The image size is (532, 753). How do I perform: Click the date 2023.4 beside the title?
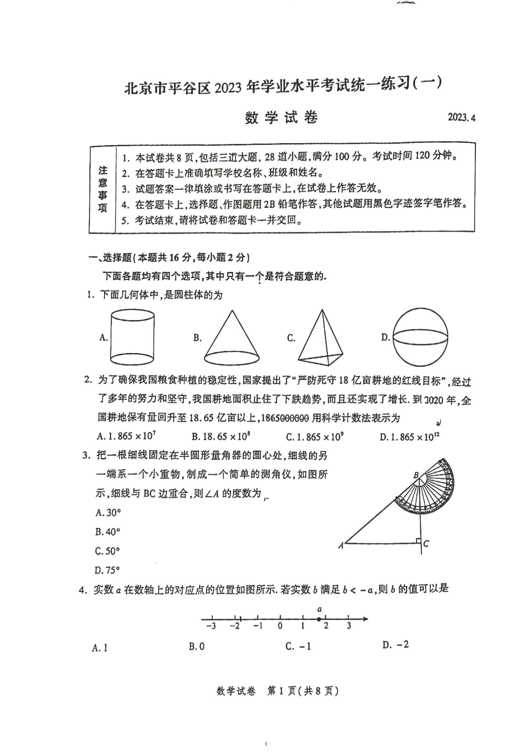click(x=462, y=117)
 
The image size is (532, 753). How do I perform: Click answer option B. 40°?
click(x=107, y=532)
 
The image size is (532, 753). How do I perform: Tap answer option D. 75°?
click(x=107, y=570)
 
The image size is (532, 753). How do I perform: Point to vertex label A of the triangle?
click(x=341, y=546)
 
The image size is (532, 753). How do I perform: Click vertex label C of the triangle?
click(x=426, y=544)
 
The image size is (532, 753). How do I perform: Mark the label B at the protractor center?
click(x=416, y=475)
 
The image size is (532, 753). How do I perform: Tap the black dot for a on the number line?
click(x=319, y=619)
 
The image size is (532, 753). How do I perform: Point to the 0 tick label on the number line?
click(x=280, y=626)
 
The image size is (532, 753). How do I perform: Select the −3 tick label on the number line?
click(x=211, y=626)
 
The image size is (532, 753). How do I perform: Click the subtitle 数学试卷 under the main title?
click(x=281, y=118)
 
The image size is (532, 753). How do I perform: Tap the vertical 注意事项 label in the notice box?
click(x=103, y=189)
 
